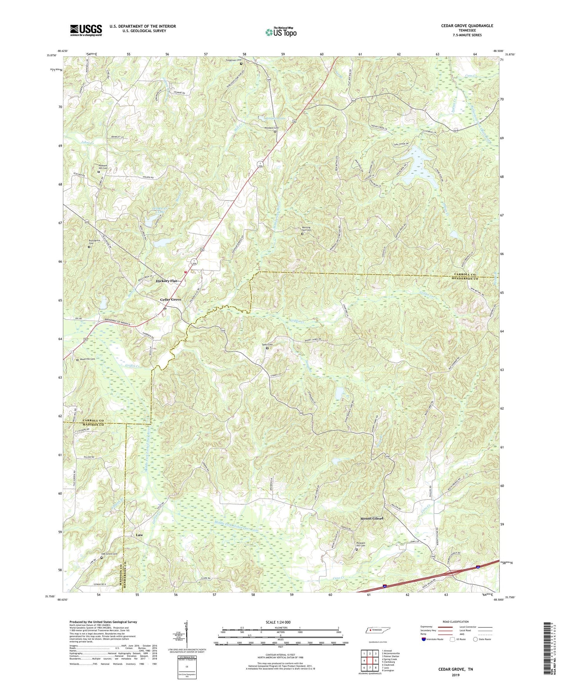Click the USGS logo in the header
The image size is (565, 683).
tap(86, 30)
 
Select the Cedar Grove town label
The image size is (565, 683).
tap(170, 300)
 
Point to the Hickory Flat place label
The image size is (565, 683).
tap(166, 281)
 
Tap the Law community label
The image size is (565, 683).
tap(139, 535)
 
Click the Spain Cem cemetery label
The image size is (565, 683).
tap(267, 345)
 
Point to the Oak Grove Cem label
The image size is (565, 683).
tap(109, 554)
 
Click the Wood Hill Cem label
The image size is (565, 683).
tap(88, 359)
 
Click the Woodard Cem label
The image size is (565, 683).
tap(271, 128)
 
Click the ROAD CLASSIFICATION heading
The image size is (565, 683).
tap(456, 622)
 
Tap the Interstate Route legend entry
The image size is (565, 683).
tap(435, 639)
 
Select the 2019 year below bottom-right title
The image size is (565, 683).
tap(456, 675)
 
